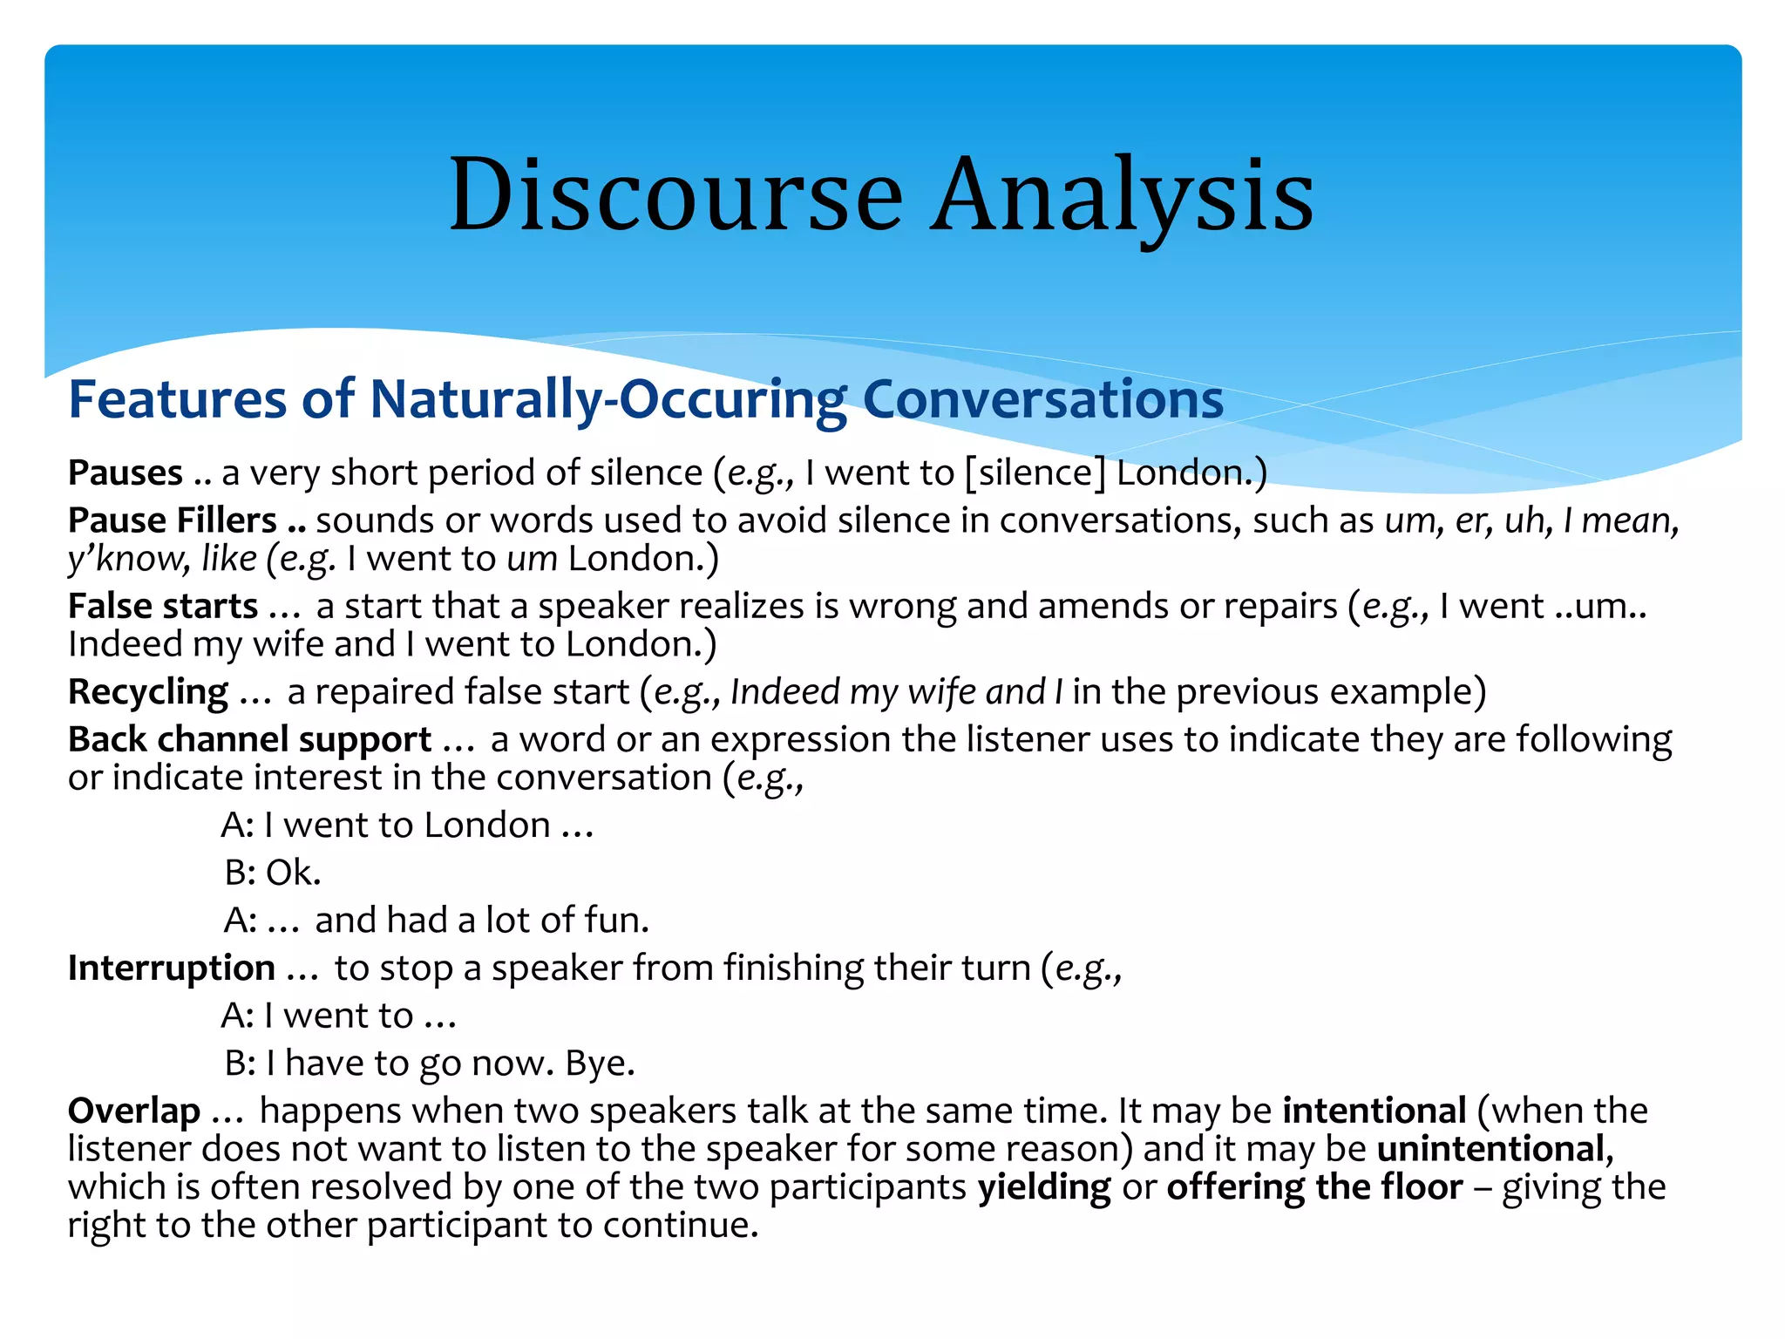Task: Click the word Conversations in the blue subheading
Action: (1042, 399)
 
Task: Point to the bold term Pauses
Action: (126, 472)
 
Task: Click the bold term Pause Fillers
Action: (173, 520)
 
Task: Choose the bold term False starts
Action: (163, 606)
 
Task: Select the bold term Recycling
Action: (148, 691)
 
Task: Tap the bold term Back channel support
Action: (249, 739)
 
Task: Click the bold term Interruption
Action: (172, 968)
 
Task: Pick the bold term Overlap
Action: (134, 1111)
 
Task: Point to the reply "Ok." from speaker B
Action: (294, 873)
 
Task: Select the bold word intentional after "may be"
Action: (1374, 1111)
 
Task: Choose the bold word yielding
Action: (1044, 1187)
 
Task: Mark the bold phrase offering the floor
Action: (1314, 1187)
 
